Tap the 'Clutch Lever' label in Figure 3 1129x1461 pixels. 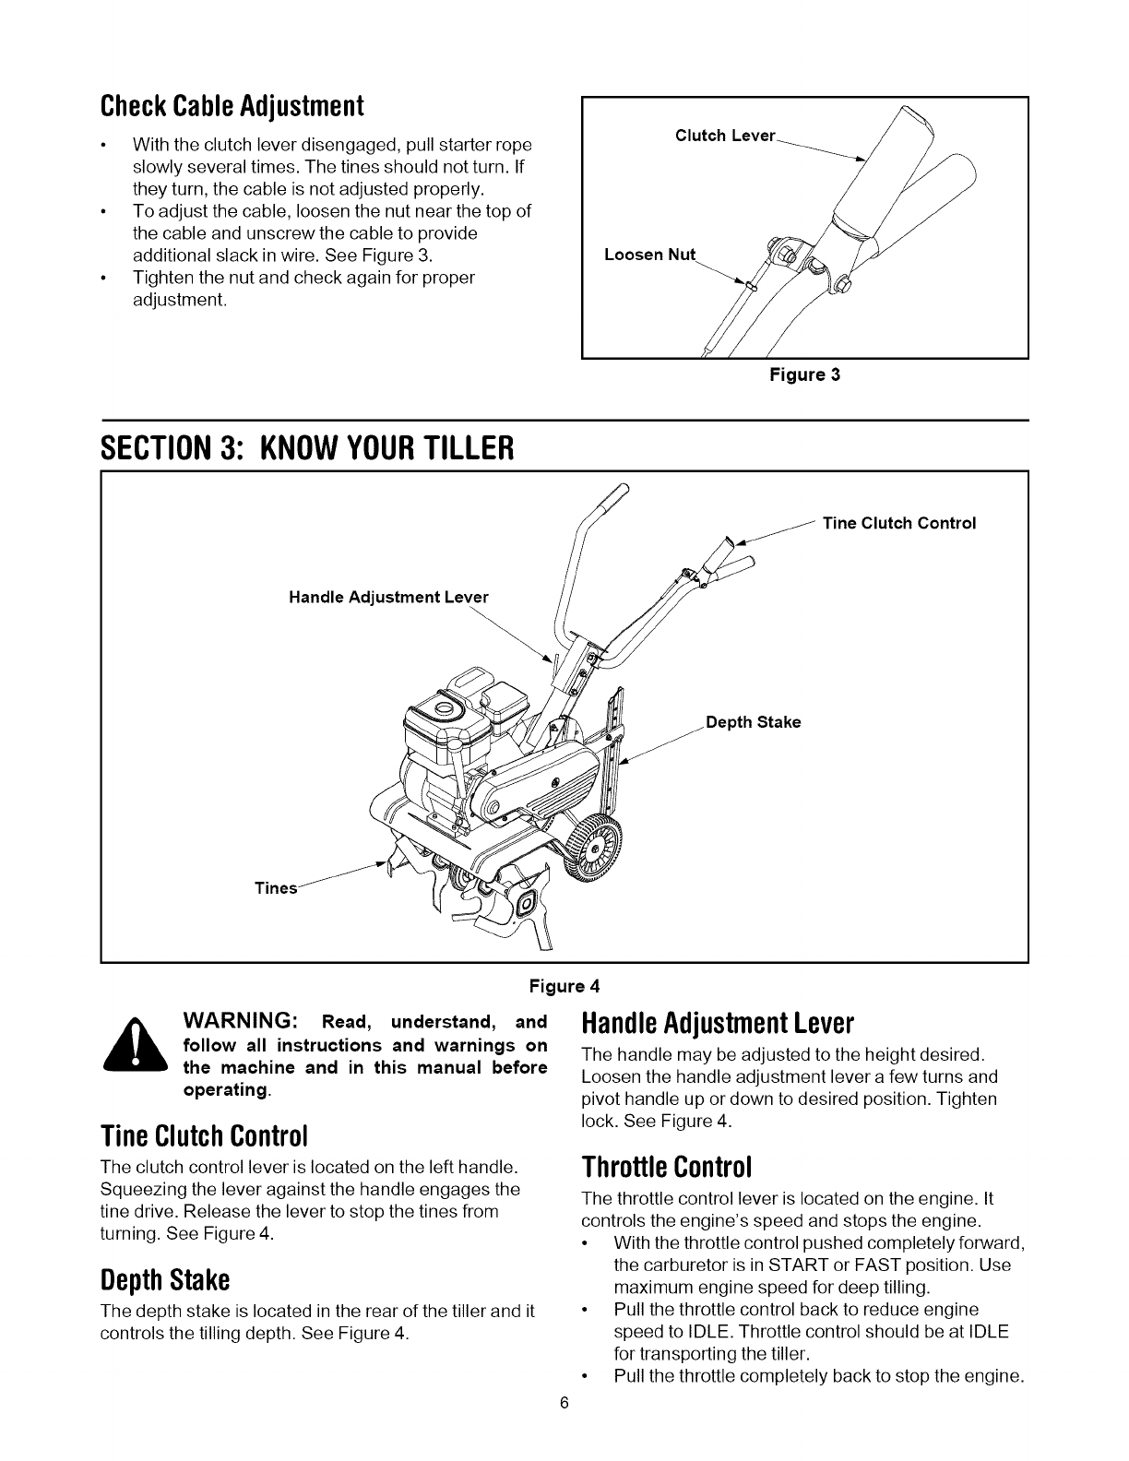(725, 136)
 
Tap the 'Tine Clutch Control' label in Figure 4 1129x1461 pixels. (898, 523)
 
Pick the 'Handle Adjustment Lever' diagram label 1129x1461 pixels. (387, 597)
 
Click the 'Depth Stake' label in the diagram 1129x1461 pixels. (753, 722)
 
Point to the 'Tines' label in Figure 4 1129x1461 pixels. (276, 888)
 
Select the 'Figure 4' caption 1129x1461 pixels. (564, 985)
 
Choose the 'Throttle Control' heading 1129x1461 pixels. (669, 1167)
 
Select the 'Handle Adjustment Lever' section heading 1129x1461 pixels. (719, 1024)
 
